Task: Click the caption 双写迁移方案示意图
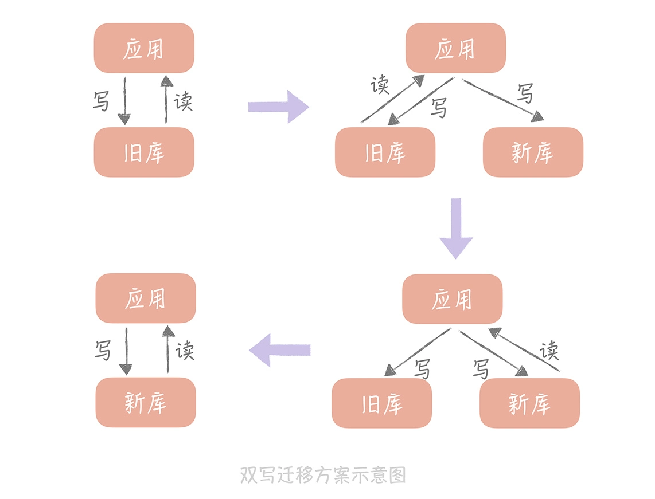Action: pyautogui.click(x=323, y=475)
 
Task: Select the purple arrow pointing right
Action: pyautogui.click(x=279, y=107)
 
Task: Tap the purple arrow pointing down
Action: pyautogui.click(x=456, y=227)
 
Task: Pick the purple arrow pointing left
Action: pyautogui.click(x=280, y=350)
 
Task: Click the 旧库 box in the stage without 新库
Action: pyautogui.click(x=144, y=152)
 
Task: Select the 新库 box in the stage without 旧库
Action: pyautogui.click(x=146, y=402)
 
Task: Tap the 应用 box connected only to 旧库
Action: pyautogui.click(x=144, y=48)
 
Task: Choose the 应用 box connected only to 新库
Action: pyautogui.click(x=146, y=298)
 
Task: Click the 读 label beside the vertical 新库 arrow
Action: pyautogui.click(x=185, y=350)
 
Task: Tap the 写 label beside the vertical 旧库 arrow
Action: pyautogui.click(x=102, y=101)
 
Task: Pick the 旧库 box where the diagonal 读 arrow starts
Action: pyautogui.click(x=385, y=152)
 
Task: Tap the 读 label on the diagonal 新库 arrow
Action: pyautogui.click(x=549, y=349)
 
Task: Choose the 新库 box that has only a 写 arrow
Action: pyautogui.click(x=533, y=152)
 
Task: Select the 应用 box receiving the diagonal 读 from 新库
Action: pyautogui.click(x=452, y=298)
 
